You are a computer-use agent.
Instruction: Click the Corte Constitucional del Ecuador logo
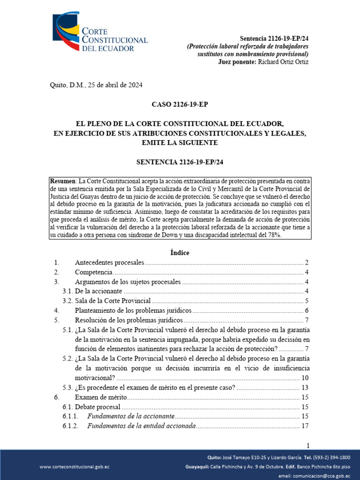click(x=100, y=32)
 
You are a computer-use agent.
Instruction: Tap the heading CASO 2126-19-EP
click(x=180, y=105)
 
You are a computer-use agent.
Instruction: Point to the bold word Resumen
click(x=63, y=181)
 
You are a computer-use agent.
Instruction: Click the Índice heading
click(x=180, y=253)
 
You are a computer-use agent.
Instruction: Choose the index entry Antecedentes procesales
click(x=109, y=262)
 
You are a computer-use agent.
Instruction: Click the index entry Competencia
click(x=93, y=272)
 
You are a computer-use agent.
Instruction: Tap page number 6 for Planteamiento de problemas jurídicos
click(x=306, y=311)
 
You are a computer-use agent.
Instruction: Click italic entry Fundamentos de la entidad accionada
click(x=140, y=426)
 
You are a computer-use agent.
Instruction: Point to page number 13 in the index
click(x=304, y=388)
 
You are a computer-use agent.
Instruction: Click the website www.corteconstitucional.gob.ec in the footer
click(x=75, y=467)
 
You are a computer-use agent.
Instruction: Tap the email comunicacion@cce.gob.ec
click(x=325, y=476)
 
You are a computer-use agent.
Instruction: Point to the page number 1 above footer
click(x=307, y=445)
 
